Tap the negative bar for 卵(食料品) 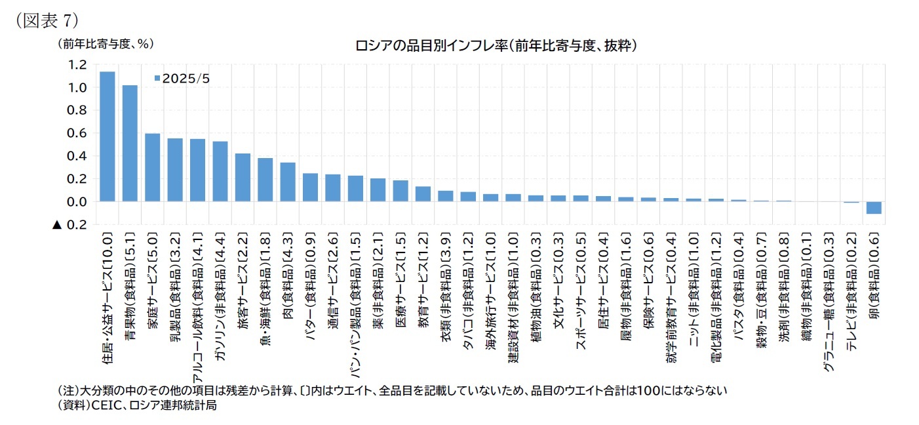pyautogui.click(x=873, y=207)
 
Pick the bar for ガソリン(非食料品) pyautogui.click(x=220, y=171)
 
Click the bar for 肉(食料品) pyautogui.click(x=288, y=182)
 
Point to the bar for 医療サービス pyautogui.click(x=401, y=191)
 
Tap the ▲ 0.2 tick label pyautogui.click(x=69, y=225)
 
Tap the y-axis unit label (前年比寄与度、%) pyautogui.click(x=106, y=43)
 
